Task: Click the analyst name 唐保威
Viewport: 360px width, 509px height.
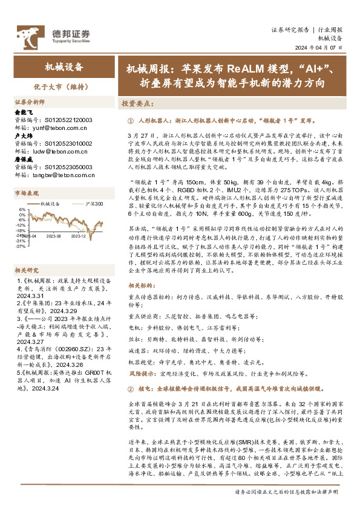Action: pyautogui.click(x=22, y=159)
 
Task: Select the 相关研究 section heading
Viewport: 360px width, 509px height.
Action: pyautogui.click(x=27, y=253)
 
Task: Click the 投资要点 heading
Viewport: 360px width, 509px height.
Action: pyautogui.click(x=137, y=103)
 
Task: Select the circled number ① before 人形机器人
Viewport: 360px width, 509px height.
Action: pyautogui.click(x=131, y=120)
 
